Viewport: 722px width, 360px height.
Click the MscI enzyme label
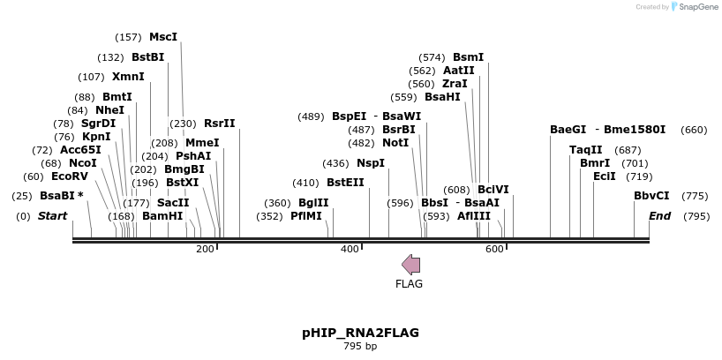tap(163, 37)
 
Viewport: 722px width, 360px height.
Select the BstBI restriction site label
tap(148, 57)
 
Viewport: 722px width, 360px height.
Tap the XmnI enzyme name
tap(128, 77)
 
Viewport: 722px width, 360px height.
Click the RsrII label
tap(220, 124)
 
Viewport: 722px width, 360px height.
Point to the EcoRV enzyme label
tap(70, 176)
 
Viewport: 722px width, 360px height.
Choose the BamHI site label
tap(162, 215)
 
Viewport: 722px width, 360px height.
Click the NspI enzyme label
tap(371, 163)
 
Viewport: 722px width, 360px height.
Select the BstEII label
tap(345, 183)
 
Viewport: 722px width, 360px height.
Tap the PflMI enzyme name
tap(306, 215)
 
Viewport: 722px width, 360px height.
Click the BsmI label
tap(468, 57)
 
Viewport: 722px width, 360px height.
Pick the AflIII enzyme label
tap(474, 215)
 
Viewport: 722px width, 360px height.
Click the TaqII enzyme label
tap(586, 150)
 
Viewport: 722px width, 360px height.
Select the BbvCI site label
tap(651, 196)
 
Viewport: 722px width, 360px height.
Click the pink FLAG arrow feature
tap(410, 264)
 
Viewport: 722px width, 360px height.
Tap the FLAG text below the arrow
tap(410, 284)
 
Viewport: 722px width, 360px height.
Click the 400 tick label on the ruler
tap(350, 250)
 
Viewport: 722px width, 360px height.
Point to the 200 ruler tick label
tap(205, 250)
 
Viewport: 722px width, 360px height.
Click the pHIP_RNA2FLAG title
tap(360, 333)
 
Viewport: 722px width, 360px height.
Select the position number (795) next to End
tap(696, 216)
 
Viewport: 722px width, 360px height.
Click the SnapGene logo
tap(697, 7)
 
